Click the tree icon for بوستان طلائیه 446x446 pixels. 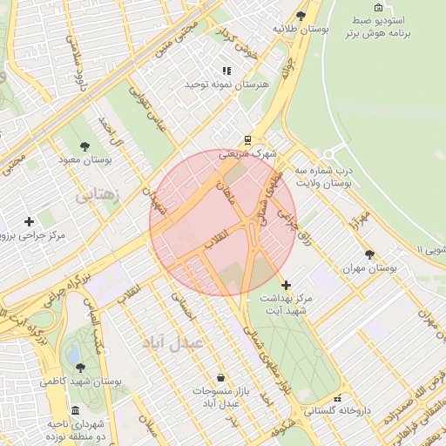301,15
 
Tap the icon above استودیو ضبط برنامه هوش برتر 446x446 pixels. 378,8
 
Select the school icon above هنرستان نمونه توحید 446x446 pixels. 226,71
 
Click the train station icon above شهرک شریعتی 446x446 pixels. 247,139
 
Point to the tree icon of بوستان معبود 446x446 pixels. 84,146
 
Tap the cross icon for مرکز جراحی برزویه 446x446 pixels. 30,221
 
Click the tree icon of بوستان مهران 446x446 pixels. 370,254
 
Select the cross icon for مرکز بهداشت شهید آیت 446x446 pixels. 286,285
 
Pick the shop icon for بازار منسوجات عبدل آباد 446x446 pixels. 220,377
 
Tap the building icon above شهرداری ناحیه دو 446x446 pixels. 75,410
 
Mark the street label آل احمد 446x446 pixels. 113,132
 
